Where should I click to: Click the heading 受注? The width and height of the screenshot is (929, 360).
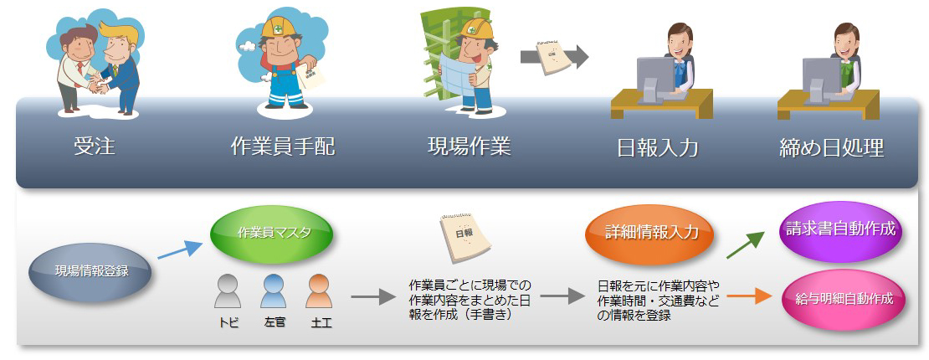[x=95, y=146]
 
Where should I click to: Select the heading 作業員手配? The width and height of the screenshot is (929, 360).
[x=283, y=146]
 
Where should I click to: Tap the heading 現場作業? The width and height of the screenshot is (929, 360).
[x=470, y=146]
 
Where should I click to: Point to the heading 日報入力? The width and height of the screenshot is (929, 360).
[x=658, y=147]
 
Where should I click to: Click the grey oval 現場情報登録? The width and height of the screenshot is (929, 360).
[x=90, y=272]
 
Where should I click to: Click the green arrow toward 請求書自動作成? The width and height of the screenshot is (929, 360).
[x=745, y=244]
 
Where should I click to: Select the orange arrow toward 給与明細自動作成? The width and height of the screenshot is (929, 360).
[x=750, y=294]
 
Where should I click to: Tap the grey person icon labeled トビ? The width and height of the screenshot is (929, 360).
[x=228, y=291]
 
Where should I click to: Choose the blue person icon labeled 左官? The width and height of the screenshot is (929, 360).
[x=273, y=291]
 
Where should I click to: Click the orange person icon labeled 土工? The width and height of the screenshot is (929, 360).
[x=320, y=291]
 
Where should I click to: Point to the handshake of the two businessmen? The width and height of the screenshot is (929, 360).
[x=97, y=87]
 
